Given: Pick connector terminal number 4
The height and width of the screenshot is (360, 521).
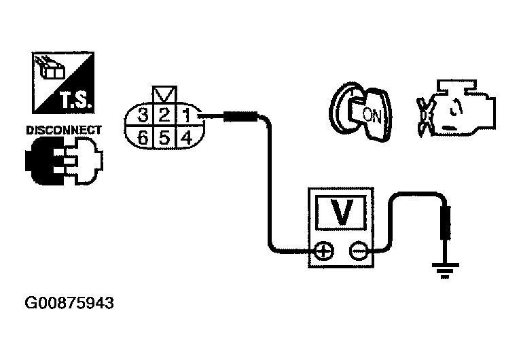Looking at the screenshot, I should (185, 138).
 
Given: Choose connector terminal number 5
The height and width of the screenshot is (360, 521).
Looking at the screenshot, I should (164, 138).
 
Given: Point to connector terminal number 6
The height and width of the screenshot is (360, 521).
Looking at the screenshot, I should (143, 138).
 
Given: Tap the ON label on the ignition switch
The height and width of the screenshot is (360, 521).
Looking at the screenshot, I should (372, 115).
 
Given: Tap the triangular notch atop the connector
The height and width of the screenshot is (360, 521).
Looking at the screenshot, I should (164, 94).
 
